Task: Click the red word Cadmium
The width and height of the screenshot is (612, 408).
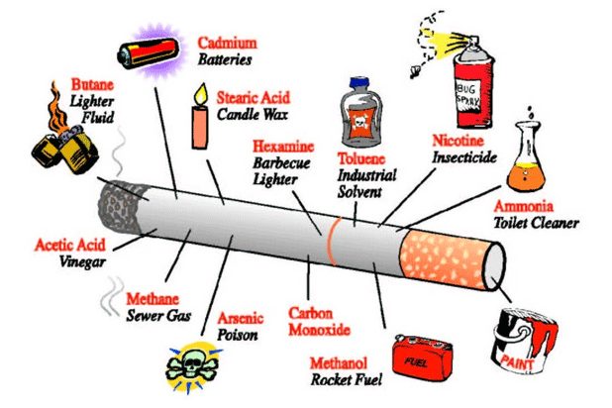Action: pyautogui.click(x=228, y=43)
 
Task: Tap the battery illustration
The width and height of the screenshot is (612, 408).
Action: pyautogui.click(x=149, y=52)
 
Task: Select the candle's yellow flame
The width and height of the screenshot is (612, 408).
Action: pyautogui.click(x=201, y=94)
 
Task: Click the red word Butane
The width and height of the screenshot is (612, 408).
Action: pyautogui.click(x=92, y=84)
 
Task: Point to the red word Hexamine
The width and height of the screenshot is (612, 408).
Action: pyautogui.click(x=283, y=147)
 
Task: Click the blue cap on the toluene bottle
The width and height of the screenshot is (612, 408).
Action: pyautogui.click(x=359, y=83)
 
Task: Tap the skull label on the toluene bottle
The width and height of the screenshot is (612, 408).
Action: pyautogui.click(x=359, y=123)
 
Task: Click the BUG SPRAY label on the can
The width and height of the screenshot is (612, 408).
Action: pyautogui.click(x=468, y=95)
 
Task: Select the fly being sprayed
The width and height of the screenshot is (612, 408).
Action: pyautogui.click(x=415, y=71)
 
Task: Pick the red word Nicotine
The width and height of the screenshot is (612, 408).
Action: pyautogui.click(x=459, y=141)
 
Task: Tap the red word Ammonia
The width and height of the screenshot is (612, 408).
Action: pyautogui.click(x=524, y=206)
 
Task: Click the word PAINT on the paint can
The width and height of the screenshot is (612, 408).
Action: pyautogui.click(x=517, y=362)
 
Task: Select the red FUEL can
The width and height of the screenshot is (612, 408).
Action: pyautogui.click(x=422, y=357)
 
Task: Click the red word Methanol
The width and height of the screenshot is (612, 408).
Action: pyautogui.click(x=339, y=363)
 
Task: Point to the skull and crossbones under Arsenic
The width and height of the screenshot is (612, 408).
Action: pyautogui.click(x=191, y=366)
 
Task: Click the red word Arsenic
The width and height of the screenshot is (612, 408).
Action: pyautogui.click(x=241, y=318)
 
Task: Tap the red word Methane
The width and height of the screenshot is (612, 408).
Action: pyautogui.click(x=153, y=299)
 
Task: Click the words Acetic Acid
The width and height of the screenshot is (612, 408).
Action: pyautogui.click(x=70, y=246)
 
